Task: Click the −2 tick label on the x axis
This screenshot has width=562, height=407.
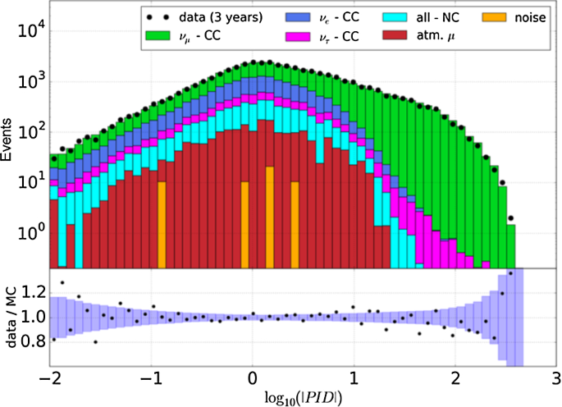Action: click(49, 379)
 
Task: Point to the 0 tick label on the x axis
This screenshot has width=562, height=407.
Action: click(253, 379)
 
